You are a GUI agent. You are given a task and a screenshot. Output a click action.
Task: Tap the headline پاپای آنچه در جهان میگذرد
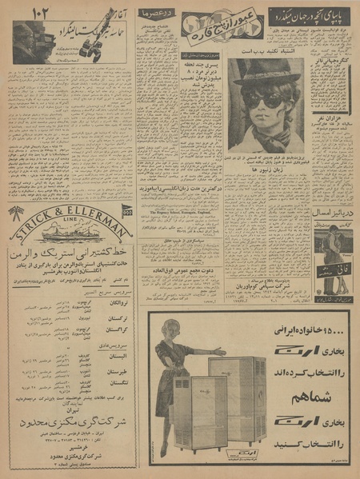[x=308, y=16]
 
